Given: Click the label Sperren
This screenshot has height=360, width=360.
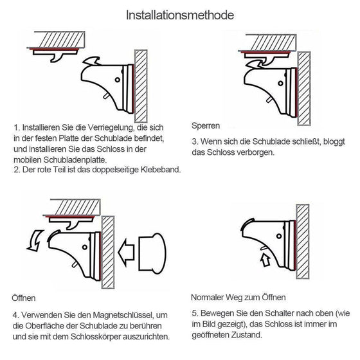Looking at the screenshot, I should click(x=206, y=125).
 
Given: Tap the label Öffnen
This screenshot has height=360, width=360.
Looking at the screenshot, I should click(x=24, y=298).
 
